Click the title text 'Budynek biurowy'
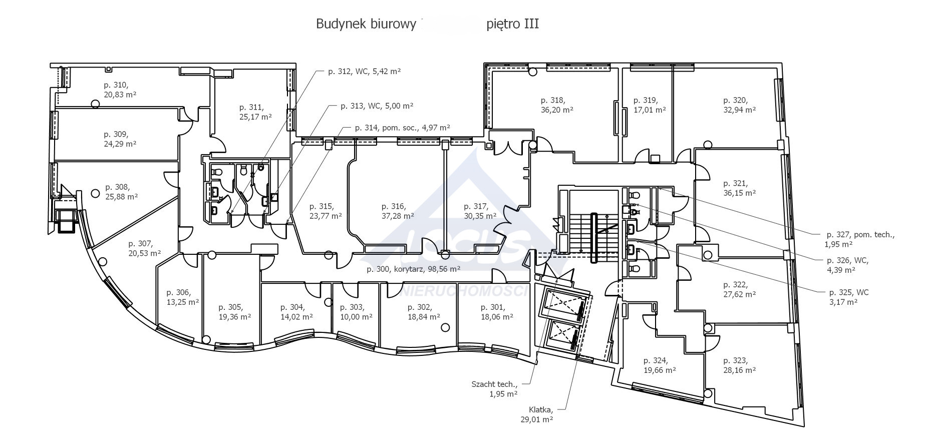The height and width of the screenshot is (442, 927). pos(366,24)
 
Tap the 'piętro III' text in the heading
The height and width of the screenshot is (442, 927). pos(513,24)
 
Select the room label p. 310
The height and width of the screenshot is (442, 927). pos(116,85)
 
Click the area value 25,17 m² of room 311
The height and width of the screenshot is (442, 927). pos(255,117)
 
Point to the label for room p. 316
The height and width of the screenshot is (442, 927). pos(394,206)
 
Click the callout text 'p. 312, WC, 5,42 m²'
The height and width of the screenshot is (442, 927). pos(365,72)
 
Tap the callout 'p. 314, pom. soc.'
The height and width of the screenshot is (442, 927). pos(386,128)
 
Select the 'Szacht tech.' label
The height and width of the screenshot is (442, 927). pos(494,384)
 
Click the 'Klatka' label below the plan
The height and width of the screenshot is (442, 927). pos(541,409)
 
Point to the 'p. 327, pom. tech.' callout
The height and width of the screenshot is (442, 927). pos(860,234)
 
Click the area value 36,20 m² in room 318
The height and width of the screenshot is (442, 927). pos(557,110)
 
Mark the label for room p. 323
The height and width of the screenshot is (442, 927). pos(735,360)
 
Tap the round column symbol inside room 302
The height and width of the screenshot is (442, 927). pos(445,328)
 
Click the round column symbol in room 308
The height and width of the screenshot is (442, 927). pos(95,193)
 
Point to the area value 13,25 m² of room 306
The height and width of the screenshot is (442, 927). pos(183,302)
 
